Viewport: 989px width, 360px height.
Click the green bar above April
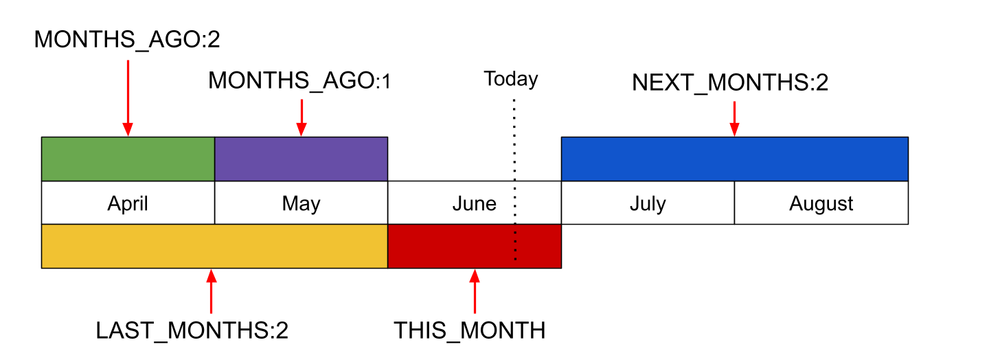(128, 159)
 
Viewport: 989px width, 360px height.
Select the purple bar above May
(301, 159)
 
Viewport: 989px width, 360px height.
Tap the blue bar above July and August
(735, 159)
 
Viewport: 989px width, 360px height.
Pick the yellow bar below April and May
(214, 246)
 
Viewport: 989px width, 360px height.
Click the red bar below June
(475, 246)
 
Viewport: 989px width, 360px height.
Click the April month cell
(128, 203)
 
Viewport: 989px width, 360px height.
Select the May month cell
(301, 203)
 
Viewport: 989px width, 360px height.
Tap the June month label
(475, 203)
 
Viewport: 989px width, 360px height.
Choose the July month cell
(648, 203)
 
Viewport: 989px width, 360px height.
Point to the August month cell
(821, 203)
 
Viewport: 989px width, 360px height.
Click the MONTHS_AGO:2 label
(127, 40)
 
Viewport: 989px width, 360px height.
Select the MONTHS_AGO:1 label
(299, 81)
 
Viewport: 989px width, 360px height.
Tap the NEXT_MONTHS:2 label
(730, 82)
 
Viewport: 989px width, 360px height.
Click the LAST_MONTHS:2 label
(192, 330)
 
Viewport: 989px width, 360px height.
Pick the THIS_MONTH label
(470, 330)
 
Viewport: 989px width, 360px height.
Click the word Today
(511, 79)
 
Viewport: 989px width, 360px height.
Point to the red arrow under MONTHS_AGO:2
(128, 98)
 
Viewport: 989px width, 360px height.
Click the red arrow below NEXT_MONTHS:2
(734, 119)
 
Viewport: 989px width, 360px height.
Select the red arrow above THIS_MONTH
(475, 291)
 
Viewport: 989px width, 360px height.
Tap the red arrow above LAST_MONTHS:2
(212, 291)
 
